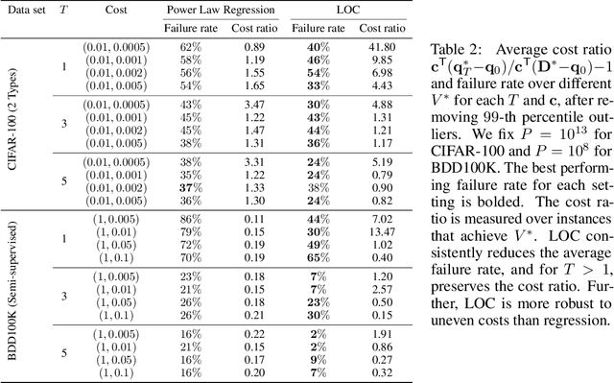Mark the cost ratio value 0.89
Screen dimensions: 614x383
pos(253,46)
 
